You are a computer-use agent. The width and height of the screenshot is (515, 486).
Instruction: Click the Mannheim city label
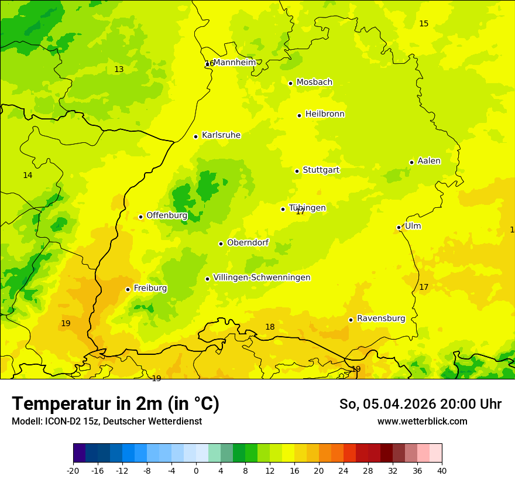click(235, 63)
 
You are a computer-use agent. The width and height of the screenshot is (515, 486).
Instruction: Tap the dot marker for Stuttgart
click(297, 171)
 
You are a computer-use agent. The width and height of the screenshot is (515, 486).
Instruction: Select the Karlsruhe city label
click(221, 135)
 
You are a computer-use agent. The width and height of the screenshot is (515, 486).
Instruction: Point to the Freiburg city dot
click(128, 289)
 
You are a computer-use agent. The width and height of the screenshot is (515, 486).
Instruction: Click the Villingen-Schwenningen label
click(262, 278)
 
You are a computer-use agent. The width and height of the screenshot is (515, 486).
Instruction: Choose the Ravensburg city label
click(381, 319)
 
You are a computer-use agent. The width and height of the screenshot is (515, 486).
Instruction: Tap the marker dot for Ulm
click(399, 227)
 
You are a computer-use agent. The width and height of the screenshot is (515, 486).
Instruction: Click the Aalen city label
click(429, 161)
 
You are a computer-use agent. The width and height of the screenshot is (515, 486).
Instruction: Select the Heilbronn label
click(325, 114)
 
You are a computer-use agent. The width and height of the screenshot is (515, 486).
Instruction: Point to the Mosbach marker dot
click(290, 83)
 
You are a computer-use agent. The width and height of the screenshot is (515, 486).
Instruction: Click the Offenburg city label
click(167, 215)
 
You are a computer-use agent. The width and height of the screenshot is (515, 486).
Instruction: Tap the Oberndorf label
click(248, 242)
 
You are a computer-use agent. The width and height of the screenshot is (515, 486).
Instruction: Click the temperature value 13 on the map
click(119, 70)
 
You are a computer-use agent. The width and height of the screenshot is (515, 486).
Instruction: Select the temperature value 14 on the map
click(28, 176)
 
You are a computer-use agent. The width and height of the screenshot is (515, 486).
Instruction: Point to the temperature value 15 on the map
click(424, 24)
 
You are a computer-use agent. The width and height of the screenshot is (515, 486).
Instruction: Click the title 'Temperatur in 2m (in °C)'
click(115, 404)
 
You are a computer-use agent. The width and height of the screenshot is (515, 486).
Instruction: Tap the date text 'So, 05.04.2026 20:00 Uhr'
click(420, 404)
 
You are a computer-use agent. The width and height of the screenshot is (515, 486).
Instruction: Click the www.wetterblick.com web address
click(422, 422)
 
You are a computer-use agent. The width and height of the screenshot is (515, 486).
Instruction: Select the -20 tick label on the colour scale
click(73, 470)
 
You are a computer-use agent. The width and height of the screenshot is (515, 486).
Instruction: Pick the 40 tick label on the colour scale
click(442, 470)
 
